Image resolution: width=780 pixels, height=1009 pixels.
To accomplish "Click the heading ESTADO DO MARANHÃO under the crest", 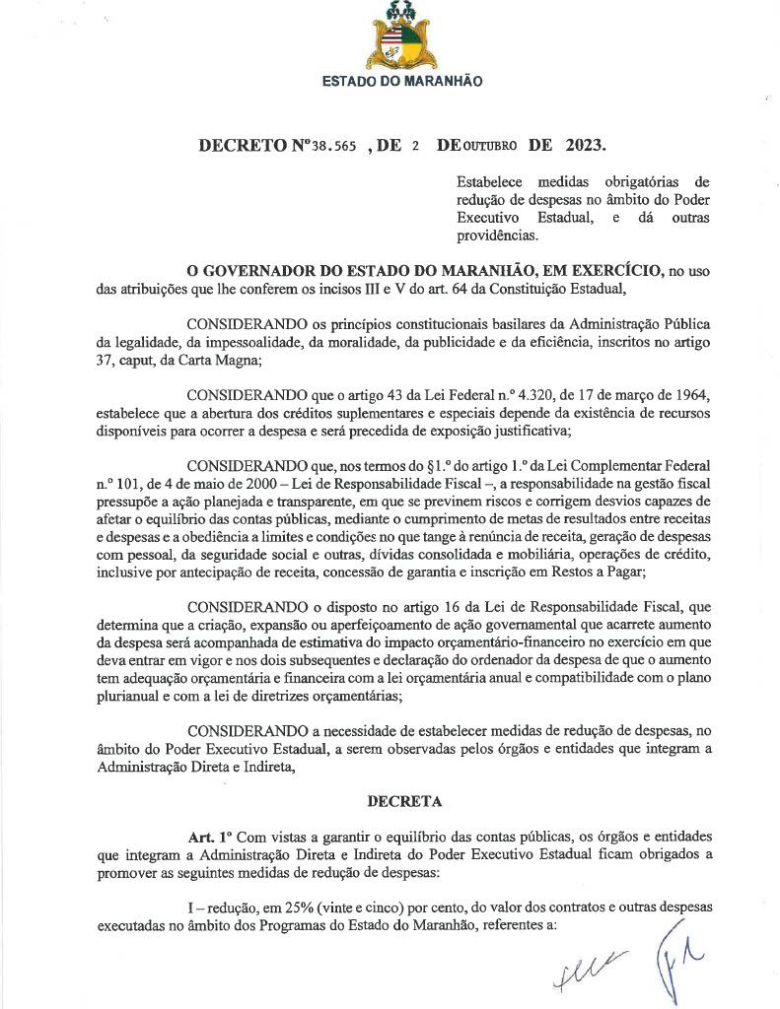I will [402, 81].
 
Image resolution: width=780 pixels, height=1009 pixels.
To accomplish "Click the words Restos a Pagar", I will [596, 572].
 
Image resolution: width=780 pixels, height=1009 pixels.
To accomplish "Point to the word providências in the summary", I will [497, 235].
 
